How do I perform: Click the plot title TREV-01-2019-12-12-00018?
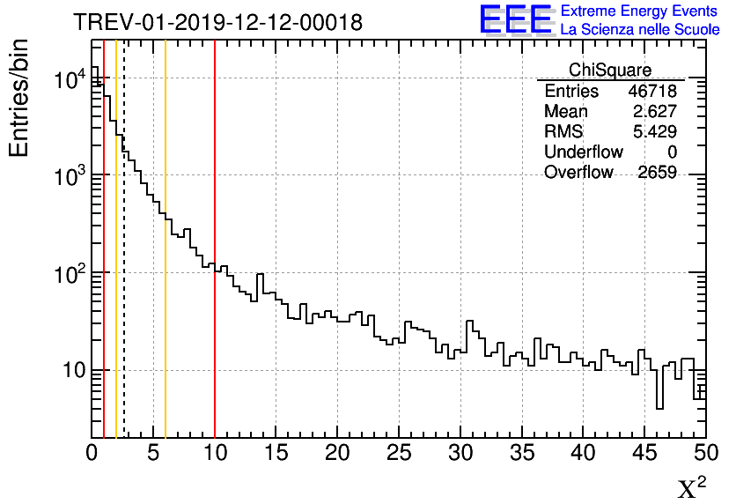coord(217,23)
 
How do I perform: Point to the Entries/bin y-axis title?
coord(19,98)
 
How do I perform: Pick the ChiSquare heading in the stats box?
coord(610,70)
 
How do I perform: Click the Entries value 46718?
coord(651,92)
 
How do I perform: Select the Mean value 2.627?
coord(654,112)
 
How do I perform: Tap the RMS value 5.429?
coord(654,132)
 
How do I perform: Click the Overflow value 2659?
coord(657,173)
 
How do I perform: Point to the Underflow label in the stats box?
coord(583,152)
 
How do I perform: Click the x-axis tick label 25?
coord(400,454)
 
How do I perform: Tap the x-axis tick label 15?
coord(276,454)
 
